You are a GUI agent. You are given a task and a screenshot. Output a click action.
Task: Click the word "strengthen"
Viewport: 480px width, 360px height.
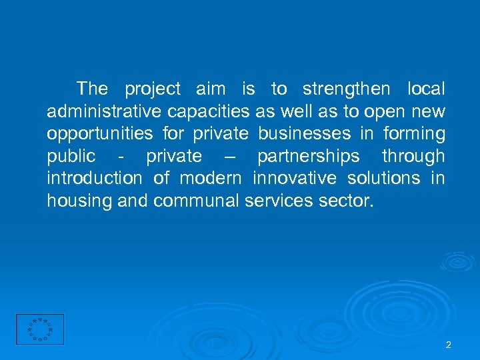346,89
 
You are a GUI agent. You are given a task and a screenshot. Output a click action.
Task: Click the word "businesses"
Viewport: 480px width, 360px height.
304,134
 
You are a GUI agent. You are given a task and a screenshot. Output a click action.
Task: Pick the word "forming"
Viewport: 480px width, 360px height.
414,134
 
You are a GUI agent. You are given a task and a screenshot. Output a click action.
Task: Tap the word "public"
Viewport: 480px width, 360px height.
71,157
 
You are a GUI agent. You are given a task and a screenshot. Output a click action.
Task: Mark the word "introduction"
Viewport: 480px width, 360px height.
94,179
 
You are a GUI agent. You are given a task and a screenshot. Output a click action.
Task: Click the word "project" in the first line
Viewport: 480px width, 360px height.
153,89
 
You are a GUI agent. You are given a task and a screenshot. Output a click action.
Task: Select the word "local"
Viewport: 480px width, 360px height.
425,89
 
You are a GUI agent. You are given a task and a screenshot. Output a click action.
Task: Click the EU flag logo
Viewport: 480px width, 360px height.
40,329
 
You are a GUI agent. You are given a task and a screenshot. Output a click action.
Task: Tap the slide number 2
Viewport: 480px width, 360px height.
448,345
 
